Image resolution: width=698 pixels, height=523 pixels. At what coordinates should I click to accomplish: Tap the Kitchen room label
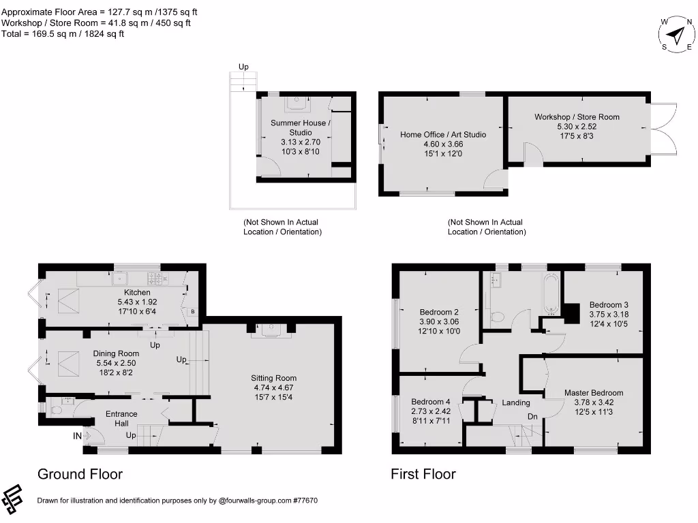click(x=137, y=292)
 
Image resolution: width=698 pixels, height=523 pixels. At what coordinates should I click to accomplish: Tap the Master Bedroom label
click(x=593, y=393)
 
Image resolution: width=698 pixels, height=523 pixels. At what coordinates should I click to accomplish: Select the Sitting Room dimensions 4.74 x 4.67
click(x=273, y=388)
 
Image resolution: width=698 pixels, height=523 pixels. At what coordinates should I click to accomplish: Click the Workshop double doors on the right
click(x=663, y=129)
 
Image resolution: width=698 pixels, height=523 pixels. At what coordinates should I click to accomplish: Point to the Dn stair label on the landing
click(x=533, y=417)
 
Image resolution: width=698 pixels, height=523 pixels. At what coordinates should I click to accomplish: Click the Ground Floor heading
click(x=80, y=474)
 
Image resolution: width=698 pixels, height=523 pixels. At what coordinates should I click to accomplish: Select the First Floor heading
click(x=423, y=474)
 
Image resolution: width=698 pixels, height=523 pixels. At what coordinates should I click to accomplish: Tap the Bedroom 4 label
click(x=431, y=402)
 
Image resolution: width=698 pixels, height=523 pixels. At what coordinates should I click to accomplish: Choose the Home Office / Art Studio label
click(x=443, y=134)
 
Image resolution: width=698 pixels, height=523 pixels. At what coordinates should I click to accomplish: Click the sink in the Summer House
click(x=296, y=104)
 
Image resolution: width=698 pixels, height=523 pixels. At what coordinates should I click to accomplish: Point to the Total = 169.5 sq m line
click(x=63, y=33)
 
